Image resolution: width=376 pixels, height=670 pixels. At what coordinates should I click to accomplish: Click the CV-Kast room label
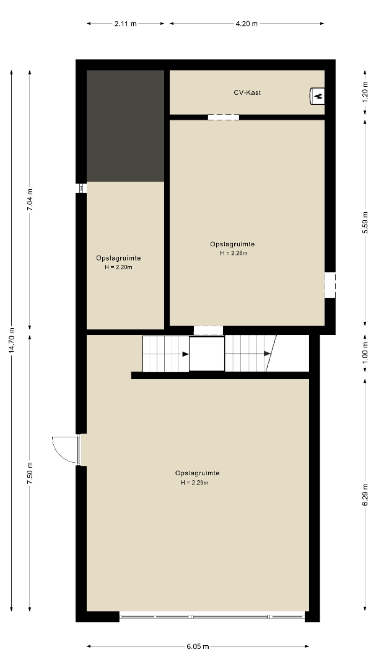[247, 92]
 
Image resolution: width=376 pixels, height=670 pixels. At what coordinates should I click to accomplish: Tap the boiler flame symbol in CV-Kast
[318, 96]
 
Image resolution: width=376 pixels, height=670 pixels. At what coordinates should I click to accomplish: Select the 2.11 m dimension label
[126, 24]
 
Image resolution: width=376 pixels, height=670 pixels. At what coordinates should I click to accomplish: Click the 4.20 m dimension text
[247, 24]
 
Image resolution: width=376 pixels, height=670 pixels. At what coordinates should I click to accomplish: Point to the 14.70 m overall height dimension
[12, 340]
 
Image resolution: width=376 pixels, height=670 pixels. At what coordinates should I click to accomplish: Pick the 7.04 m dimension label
[30, 200]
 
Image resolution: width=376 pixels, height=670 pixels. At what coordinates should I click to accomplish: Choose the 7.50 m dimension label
[30, 473]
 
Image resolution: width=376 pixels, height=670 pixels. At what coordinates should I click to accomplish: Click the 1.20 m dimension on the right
[365, 92]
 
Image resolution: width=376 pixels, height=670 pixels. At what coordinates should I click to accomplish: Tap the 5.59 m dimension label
[365, 223]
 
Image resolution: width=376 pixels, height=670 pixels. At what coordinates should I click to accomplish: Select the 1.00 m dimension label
[365, 354]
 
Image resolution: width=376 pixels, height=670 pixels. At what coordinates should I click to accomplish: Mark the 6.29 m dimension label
[365, 495]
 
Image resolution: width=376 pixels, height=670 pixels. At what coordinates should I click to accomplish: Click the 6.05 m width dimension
[198, 646]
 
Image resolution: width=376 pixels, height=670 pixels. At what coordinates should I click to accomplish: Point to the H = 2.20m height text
[118, 267]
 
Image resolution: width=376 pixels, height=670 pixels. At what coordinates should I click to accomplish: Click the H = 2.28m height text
[234, 253]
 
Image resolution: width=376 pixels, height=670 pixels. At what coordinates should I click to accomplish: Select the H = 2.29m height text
[194, 483]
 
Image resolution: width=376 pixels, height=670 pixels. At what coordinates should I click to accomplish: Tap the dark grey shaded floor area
[126, 126]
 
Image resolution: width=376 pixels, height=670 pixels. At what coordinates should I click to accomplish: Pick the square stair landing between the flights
[207, 354]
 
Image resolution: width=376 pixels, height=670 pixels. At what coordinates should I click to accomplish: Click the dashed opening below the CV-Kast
[223, 117]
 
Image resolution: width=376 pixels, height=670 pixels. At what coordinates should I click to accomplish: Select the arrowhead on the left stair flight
[186, 354]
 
